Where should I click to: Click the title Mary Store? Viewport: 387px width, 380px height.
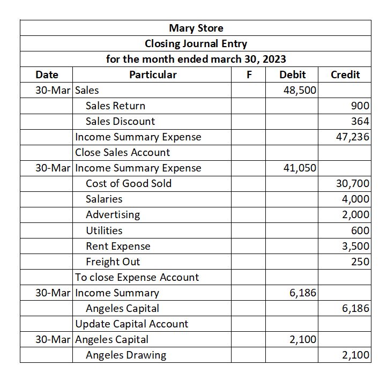tap(196, 28)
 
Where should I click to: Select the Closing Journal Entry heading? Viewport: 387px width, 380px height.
tap(196, 43)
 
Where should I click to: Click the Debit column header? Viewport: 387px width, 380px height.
tap(293, 74)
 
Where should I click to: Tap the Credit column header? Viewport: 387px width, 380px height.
tap(345, 74)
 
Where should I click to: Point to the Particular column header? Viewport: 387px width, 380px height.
tap(153, 74)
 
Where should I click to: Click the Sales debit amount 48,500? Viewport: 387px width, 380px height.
tap(300, 90)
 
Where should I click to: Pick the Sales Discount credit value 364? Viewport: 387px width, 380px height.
tap(360, 121)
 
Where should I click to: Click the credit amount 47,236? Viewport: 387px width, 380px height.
tap(353, 137)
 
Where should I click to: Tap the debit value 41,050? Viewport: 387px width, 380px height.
tap(300, 168)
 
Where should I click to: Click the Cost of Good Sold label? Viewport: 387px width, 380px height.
tap(129, 183)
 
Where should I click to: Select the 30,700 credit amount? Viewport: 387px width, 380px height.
tap(353, 183)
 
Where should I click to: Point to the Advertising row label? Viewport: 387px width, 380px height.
tap(113, 214)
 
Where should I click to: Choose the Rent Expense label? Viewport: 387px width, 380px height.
tap(118, 246)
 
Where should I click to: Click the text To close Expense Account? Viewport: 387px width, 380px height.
tap(137, 277)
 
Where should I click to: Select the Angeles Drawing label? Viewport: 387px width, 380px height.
tap(126, 355)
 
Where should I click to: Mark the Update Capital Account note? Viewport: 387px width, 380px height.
tap(131, 324)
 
